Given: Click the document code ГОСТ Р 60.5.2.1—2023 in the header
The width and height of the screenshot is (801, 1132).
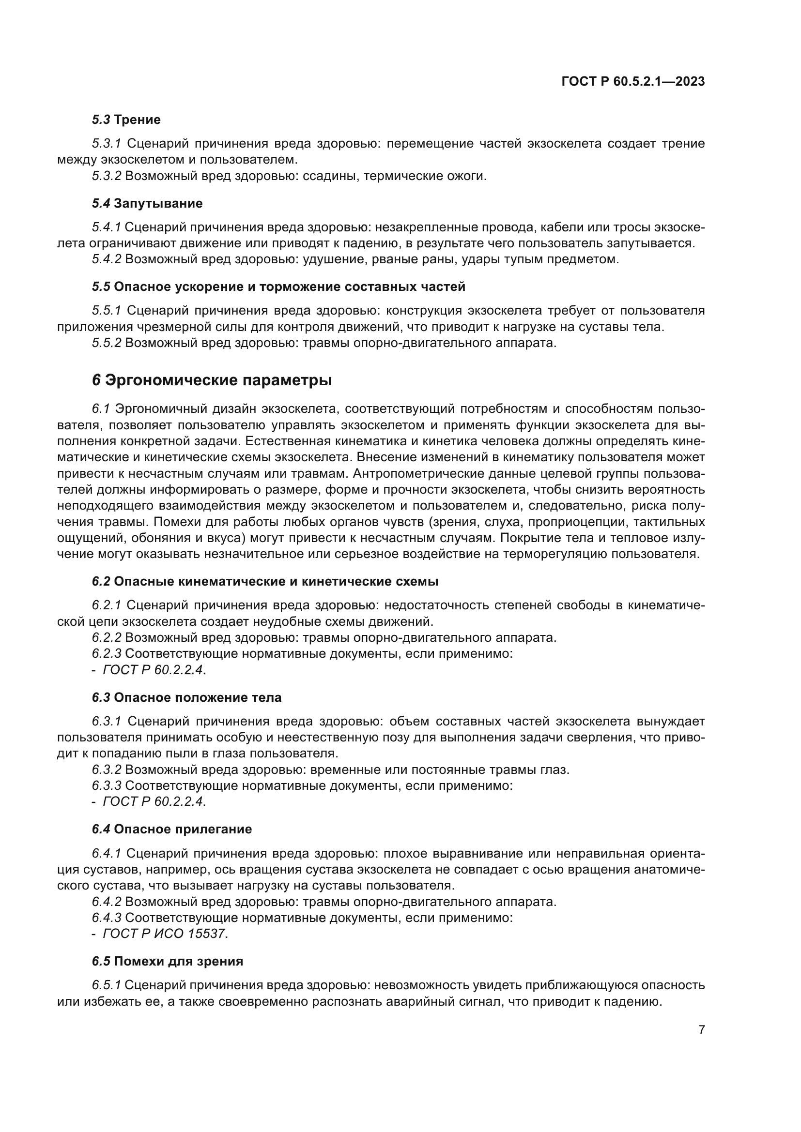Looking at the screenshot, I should (633, 81).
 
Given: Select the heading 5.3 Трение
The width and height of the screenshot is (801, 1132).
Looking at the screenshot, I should (126, 120).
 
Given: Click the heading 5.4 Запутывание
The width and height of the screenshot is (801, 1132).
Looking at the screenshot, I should (147, 203).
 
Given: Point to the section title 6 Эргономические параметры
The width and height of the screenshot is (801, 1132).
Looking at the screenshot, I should (212, 380).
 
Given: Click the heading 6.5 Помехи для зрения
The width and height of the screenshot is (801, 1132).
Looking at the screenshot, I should (167, 962).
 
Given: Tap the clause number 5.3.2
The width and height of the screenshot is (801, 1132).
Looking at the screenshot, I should (107, 176).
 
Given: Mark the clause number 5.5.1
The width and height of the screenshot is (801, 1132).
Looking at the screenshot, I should (107, 311).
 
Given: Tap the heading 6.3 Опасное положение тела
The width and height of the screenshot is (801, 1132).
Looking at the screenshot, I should (186, 698).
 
